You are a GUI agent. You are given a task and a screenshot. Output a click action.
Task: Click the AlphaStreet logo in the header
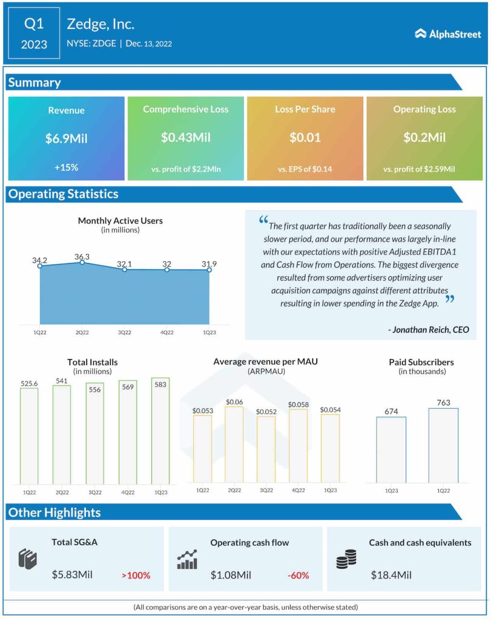(x=448, y=34)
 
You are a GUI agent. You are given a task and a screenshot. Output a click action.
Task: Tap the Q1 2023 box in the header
(x=34, y=34)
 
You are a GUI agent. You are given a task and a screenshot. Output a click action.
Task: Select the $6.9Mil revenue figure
(x=66, y=138)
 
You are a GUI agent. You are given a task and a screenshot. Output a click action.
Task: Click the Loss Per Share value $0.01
(x=305, y=137)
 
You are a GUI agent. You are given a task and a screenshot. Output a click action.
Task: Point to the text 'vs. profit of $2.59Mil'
(x=419, y=169)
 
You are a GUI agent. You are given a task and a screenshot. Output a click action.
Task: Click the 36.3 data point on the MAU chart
(x=82, y=262)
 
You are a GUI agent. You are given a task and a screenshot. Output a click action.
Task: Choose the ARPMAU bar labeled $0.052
(x=266, y=449)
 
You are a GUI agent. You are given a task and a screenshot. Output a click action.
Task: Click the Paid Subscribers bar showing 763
(x=443, y=445)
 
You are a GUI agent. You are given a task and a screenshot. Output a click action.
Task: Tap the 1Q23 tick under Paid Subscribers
(x=391, y=491)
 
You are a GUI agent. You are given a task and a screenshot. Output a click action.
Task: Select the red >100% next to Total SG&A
(x=136, y=575)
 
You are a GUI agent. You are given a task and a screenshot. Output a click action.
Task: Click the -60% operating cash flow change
(x=300, y=575)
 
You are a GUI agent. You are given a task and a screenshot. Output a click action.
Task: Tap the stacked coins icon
(x=346, y=559)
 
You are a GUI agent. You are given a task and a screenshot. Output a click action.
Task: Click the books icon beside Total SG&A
(x=28, y=559)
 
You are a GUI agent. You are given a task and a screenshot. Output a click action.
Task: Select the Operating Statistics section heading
(x=63, y=194)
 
